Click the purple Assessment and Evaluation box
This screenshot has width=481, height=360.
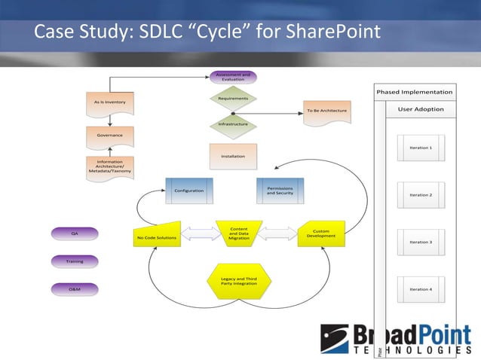click(x=233, y=77)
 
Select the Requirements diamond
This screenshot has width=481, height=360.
click(x=233, y=99)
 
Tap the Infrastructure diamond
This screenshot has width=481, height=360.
click(x=233, y=124)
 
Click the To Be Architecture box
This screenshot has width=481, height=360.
click(x=326, y=111)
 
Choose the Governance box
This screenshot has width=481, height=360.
click(x=110, y=136)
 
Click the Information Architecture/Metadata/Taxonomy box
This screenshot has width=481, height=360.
click(x=110, y=167)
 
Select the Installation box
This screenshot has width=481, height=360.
click(x=233, y=157)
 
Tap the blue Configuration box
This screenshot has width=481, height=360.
click(x=188, y=191)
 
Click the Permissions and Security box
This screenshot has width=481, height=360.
click(x=280, y=191)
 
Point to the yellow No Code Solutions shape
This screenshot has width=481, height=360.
click(x=157, y=236)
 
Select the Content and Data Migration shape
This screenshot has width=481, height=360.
click(x=238, y=233)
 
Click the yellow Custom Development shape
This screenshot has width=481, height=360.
click(x=321, y=233)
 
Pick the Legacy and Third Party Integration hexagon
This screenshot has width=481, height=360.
click(x=238, y=281)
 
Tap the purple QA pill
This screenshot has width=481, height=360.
click(x=75, y=233)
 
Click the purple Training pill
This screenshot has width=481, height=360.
click(x=75, y=261)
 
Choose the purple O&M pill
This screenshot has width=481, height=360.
click(x=75, y=288)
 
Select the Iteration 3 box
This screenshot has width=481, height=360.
click(x=421, y=242)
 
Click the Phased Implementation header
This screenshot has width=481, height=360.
click(x=415, y=92)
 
